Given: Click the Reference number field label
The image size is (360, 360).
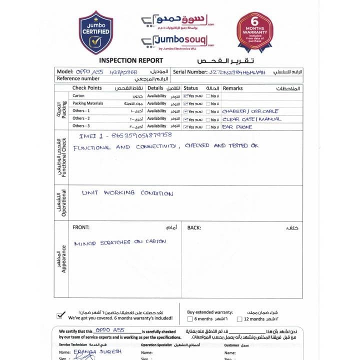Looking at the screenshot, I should pos(78,79).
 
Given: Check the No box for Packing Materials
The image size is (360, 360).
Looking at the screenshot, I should pos(208,104).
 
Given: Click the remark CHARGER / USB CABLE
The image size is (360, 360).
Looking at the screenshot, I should pos(250,111).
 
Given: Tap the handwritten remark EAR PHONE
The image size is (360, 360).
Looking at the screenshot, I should pos(237,127).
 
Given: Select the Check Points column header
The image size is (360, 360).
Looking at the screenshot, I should pos(87,88).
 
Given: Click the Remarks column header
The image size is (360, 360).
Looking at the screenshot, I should pos(232,88).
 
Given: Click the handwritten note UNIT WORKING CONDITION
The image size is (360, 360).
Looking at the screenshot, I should pos(127,193).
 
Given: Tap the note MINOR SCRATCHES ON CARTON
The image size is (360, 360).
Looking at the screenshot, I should pos(120,242).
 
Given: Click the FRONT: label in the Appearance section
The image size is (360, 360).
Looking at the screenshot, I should pos(81,227).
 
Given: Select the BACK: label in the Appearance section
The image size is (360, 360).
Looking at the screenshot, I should pos(194,227).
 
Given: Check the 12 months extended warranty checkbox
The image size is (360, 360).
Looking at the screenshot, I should pos(239,319).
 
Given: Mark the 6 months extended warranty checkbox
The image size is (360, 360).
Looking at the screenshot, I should pos(190,319).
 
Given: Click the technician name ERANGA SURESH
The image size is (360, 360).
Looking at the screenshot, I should pos(105,351).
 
